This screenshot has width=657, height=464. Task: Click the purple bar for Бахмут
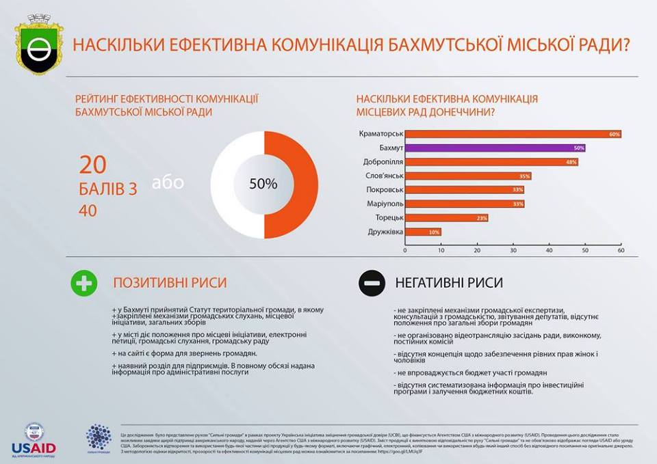coord(495,148)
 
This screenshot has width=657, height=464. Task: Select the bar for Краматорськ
coord(513,134)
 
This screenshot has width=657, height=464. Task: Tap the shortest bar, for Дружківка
coord(423,232)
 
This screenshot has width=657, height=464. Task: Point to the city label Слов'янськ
coord(382,176)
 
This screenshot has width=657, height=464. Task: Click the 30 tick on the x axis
coord(513,251)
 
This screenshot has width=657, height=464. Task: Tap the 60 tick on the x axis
coord(621,251)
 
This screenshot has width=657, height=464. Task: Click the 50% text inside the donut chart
coord(263,184)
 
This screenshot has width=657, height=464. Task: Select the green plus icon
coord(84,283)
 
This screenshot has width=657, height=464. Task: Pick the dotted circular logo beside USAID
coord(98,437)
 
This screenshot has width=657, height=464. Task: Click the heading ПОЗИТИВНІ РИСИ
coord(170,283)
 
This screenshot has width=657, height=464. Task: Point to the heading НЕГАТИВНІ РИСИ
coord(449,283)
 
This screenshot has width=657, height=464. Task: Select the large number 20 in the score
coord(94,165)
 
